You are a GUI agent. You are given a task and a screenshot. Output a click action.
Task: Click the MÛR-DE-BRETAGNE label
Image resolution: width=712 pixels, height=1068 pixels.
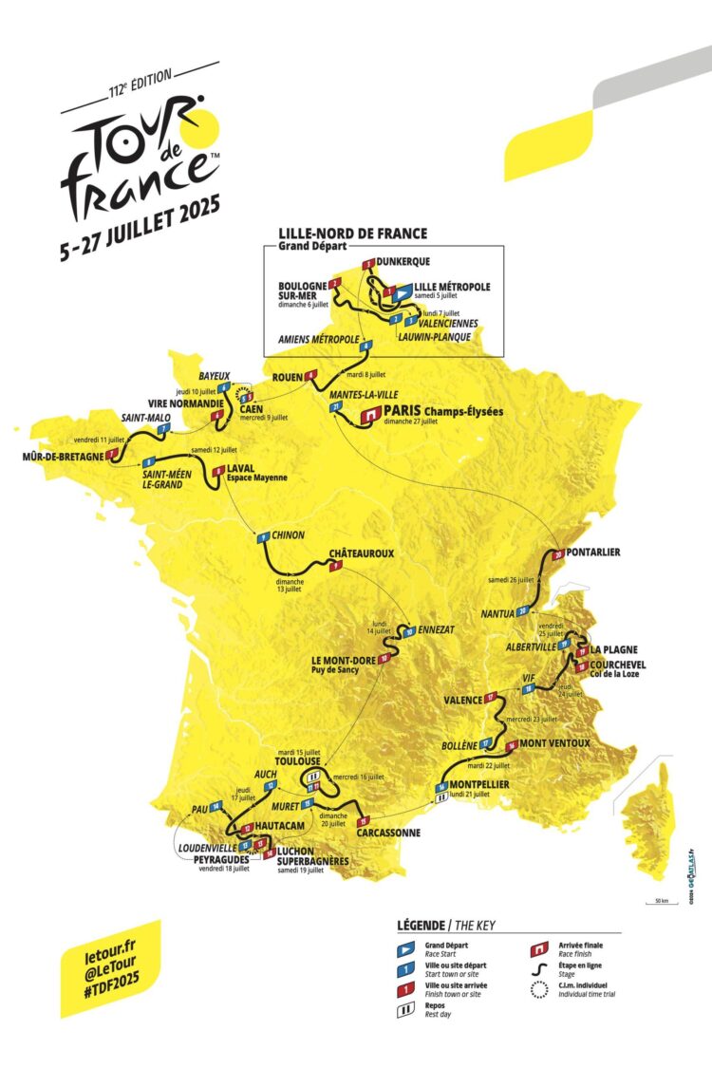(x=62, y=457)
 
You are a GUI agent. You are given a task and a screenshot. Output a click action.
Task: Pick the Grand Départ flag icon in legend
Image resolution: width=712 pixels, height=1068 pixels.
(x=404, y=946)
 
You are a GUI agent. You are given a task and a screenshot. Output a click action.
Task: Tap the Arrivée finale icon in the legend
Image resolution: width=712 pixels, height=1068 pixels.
(x=539, y=946)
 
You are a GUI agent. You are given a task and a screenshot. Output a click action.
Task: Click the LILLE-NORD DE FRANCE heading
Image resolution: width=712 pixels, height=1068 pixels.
(x=352, y=233)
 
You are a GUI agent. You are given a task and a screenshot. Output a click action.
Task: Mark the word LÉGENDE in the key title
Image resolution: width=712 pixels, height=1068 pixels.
(x=423, y=925)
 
